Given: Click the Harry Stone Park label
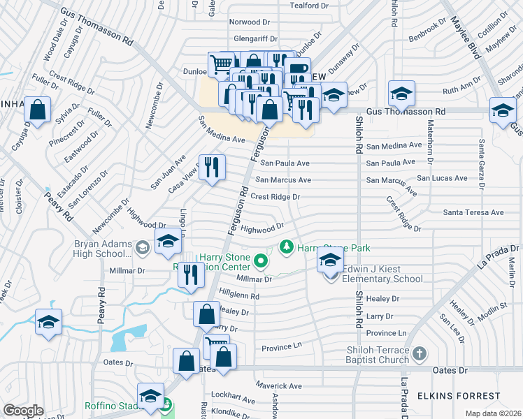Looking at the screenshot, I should click(333, 248).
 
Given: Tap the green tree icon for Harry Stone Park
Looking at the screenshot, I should click(285, 247).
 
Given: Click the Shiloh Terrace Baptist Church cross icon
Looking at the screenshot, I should click(418, 355).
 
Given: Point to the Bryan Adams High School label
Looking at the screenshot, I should click(103, 249).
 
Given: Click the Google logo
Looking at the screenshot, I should click(23, 411).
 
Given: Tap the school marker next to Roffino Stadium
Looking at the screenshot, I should click(150, 396).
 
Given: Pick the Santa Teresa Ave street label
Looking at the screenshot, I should click(473, 212).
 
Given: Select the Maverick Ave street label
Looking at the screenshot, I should click(278, 385).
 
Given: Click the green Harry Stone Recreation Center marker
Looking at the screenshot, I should click(261, 262).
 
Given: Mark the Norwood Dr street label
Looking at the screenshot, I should click(249, 22).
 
